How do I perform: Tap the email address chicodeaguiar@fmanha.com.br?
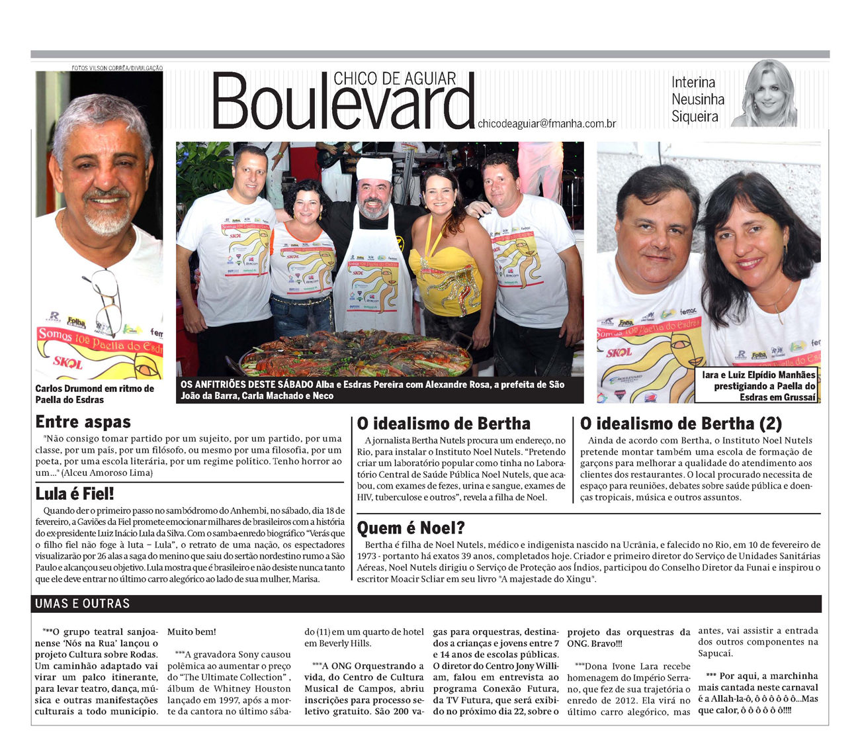click(x=546, y=123)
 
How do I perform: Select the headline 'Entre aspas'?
click(x=83, y=422)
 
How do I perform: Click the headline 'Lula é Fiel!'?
click(x=75, y=493)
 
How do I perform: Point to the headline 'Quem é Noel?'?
click(x=411, y=528)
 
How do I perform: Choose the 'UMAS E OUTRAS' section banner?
click(x=83, y=603)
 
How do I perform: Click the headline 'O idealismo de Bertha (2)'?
click(x=681, y=423)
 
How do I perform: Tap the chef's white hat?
click(x=374, y=168)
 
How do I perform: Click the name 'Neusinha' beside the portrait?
click(x=698, y=100)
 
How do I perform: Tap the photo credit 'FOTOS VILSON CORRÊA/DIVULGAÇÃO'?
click(x=117, y=68)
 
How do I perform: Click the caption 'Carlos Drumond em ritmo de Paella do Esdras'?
click(x=95, y=394)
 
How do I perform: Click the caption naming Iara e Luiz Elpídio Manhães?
click(x=759, y=386)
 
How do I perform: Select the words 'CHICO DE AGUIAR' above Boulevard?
click(x=394, y=79)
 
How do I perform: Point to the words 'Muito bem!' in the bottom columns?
click(x=191, y=631)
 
